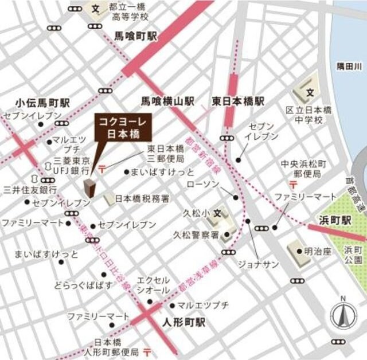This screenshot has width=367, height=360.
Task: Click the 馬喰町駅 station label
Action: (x=133, y=36)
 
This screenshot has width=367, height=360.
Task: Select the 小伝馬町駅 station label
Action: (x=42, y=103)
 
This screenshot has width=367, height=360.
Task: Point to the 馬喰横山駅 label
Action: (x=169, y=101)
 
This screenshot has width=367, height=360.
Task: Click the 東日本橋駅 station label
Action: (x=238, y=101)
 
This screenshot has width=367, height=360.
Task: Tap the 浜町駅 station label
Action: (x=334, y=220)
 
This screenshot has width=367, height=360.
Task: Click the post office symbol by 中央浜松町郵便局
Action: (x=292, y=184)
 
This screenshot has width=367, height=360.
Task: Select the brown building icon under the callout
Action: (x=90, y=188)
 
